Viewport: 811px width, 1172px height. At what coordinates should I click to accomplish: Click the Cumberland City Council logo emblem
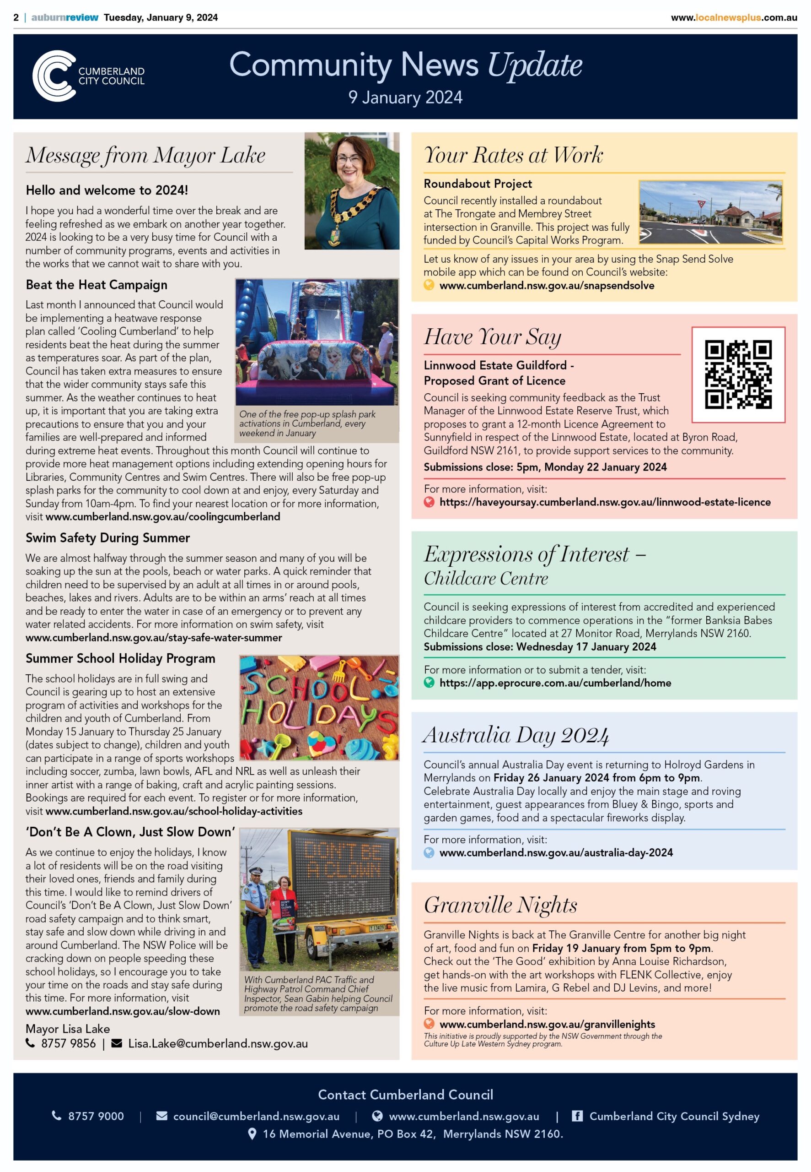(54, 76)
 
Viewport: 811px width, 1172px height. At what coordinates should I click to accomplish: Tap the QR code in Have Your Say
(738, 375)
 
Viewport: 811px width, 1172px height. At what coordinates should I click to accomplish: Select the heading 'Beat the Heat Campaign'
(97, 285)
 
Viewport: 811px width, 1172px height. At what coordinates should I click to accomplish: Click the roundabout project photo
(710, 212)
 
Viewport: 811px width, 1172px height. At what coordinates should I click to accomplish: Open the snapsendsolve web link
(546, 285)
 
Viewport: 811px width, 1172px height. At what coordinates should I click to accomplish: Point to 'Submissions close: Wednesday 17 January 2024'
(540, 647)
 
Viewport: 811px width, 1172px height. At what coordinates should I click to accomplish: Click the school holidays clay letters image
(319, 707)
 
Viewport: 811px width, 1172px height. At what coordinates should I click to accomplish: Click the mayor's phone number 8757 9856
(68, 1043)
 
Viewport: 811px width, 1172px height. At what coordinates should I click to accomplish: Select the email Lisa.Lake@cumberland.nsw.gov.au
(217, 1043)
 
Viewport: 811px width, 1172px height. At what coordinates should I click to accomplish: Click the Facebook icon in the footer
(577, 1116)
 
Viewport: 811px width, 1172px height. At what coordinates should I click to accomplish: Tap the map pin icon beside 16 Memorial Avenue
(252, 1134)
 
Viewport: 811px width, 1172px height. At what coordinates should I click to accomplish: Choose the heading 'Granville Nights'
(500, 905)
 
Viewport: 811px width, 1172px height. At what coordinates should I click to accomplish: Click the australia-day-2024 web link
(555, 853)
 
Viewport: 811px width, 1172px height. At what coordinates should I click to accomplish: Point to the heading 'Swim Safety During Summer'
(108, 538)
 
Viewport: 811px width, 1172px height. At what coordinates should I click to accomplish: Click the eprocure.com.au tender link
(555, 683)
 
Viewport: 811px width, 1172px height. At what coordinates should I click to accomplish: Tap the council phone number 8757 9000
(96, 1116)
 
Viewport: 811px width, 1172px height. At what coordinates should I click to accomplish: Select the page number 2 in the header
(16, 17)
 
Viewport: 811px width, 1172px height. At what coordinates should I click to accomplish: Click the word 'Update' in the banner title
(535, 65)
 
